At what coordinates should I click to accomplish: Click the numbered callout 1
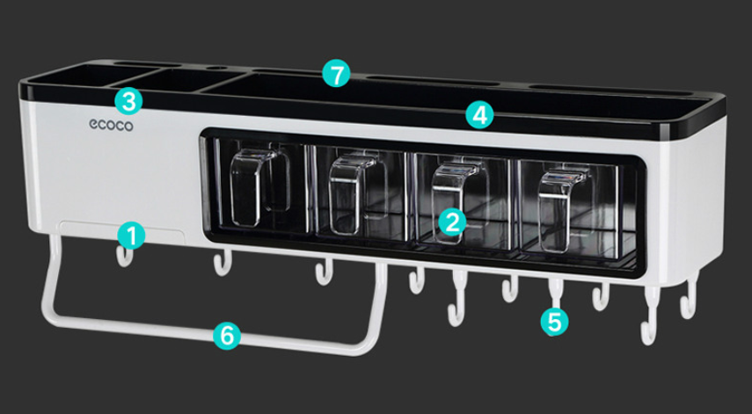pyautogui.click(x=130, y=235)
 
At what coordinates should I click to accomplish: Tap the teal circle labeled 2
pyautogui.click(x=451, y=221)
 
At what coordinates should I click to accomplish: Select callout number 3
pyautogui.click(x=128, y=100)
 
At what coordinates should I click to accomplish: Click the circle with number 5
pyautogui.click(x=553, y=321)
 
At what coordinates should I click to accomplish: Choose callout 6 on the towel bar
pyautogui.click(x=226, y=335)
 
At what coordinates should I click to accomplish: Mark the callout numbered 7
pyautogui.click(x=334, y=74)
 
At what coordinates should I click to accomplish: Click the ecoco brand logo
pyautogui.click(x=110, y=127)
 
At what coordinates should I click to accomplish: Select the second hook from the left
pyautogui.click(x=221, y=262)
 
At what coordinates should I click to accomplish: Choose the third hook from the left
pyautogui.click(x=324, y=272)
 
